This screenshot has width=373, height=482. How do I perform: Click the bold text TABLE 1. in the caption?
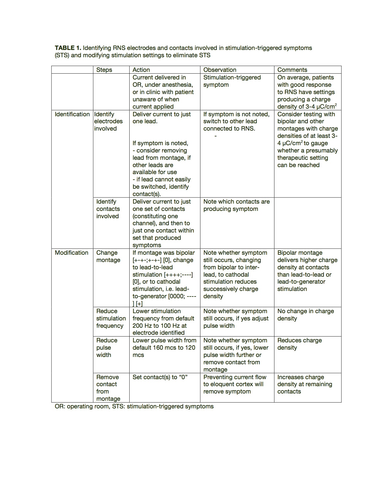(68, 48)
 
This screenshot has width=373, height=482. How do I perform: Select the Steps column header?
(104, 70)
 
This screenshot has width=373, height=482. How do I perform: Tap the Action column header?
(141, 70)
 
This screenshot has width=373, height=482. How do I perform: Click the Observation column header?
(220, 70)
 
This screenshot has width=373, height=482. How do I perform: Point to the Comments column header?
(292, 70)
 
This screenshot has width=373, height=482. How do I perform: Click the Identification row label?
(72, 114)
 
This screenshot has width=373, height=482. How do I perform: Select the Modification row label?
(71, 253)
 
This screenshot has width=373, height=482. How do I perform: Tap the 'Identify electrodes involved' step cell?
(108, 121)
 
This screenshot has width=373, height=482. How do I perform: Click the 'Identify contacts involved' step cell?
(108, 209)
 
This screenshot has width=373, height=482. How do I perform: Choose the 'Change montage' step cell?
(108, 256)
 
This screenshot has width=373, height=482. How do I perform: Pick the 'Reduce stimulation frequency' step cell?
(111, 318)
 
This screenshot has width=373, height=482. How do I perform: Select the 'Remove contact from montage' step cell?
(108, 388)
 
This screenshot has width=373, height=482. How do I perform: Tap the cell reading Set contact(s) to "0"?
(160, 377)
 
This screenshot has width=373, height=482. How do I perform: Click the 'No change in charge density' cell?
(305, 315)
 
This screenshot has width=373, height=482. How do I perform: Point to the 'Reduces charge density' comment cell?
(299, 344)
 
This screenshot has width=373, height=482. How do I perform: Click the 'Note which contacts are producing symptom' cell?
(236, 205)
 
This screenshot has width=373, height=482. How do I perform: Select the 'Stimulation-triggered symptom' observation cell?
(232, 81)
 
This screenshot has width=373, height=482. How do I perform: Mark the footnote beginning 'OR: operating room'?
(134, 406)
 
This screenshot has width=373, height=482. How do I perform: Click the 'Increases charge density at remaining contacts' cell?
(305, 384)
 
